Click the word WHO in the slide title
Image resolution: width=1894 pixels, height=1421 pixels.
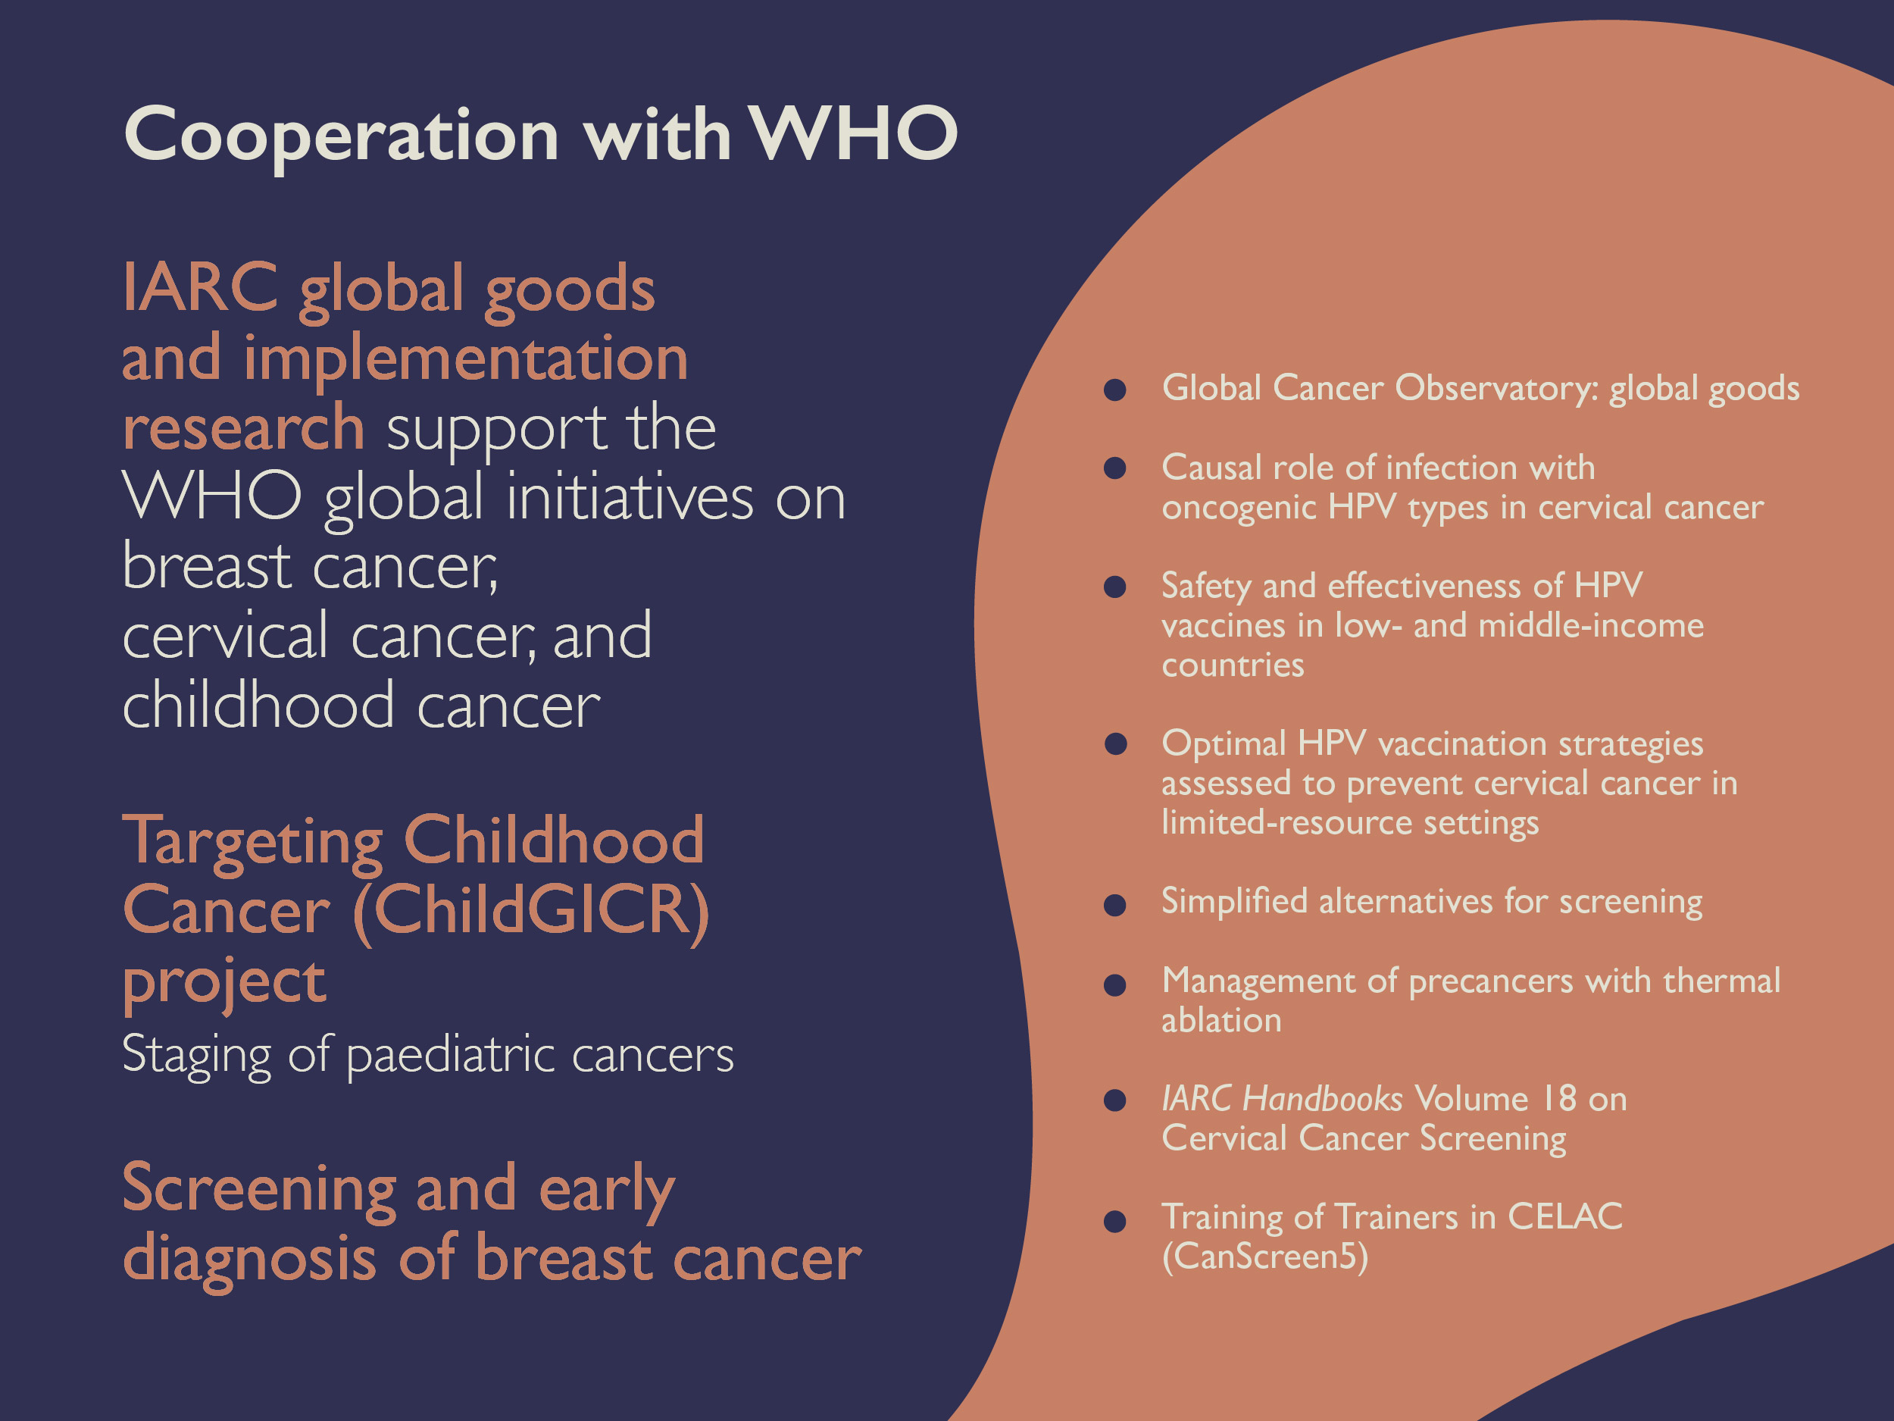click(x=854, y=133)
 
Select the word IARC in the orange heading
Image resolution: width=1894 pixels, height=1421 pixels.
click(x=200, y=287)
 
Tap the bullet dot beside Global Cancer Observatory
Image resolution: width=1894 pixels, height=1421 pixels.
click(x=1115, y=390)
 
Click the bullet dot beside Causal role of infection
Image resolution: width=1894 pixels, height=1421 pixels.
click(x=1115, y=468)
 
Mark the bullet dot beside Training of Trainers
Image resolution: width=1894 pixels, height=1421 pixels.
click(x=1115, y=1222)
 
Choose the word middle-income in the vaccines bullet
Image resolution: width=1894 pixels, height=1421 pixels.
click(x=1591, y=626)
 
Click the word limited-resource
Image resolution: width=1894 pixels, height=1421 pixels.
click(x=1287, y=823)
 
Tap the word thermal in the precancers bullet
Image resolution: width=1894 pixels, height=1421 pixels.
click(x=1722, y=981)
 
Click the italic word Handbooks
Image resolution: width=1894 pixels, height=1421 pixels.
click(x=1322, y=1099)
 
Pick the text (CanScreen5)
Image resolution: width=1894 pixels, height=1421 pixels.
click(x=1264, y=1257)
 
